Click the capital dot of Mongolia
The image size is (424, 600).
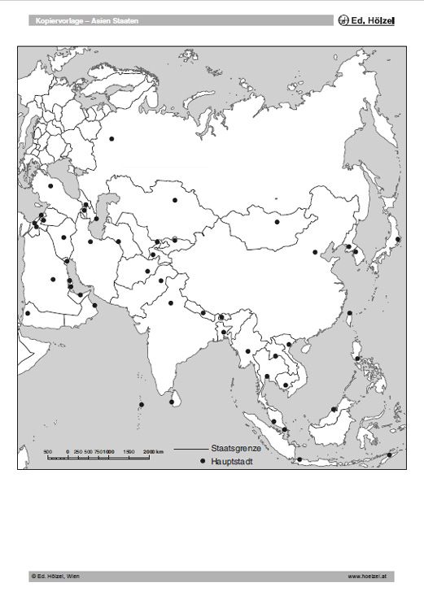278,222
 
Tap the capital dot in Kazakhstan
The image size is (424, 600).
174,200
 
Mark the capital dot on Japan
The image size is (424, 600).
398,239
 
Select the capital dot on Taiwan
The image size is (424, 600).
350,313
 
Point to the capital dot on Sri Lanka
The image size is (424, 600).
171,402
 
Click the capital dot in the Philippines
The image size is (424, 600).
357,359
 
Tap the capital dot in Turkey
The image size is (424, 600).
50,186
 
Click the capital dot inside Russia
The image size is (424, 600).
111,138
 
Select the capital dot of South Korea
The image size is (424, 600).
355,253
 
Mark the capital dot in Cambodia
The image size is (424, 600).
286,385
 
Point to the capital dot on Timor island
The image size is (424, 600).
389,454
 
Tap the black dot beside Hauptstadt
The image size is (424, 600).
202,461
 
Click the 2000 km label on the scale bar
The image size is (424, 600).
154,451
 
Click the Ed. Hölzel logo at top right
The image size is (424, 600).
366,20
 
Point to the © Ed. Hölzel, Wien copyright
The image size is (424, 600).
55,576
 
